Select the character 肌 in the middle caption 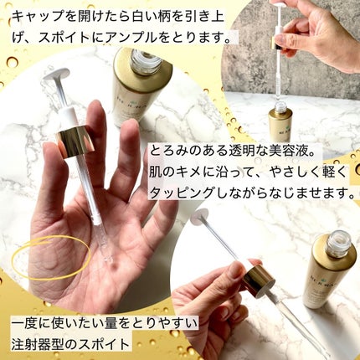pos(157,172)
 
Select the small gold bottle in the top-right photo pos(280,124)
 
